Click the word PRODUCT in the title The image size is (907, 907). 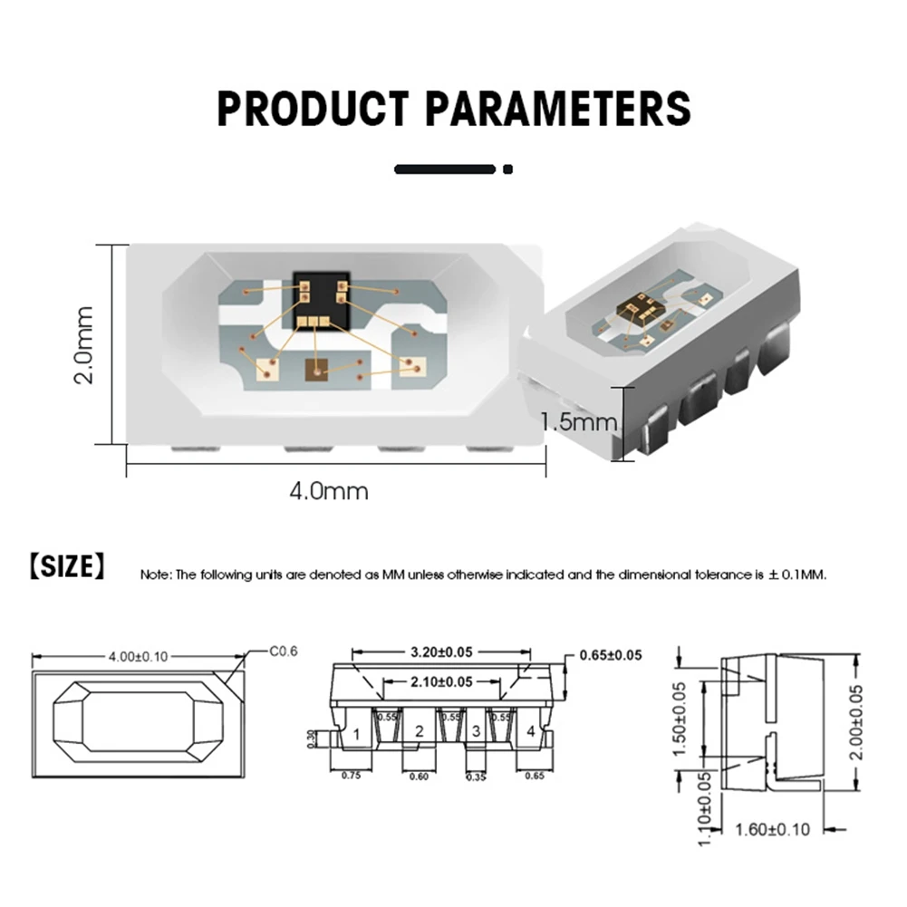click(x=314, y=109)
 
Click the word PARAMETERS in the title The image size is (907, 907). click(x=558, y=109)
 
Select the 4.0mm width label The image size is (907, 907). click(x=329, y=491)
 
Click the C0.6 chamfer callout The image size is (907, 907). click(x=284, y=651)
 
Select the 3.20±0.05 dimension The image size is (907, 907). click(x=441, y=652)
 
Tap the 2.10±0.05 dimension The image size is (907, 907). click(x=440, y=681)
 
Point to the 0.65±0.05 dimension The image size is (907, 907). click(x=610, y=655)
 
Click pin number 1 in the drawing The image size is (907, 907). click(x=358, y=733)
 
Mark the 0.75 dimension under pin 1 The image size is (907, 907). click(x=352, y=775)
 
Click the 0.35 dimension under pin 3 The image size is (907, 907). click(x=476, y=776)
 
